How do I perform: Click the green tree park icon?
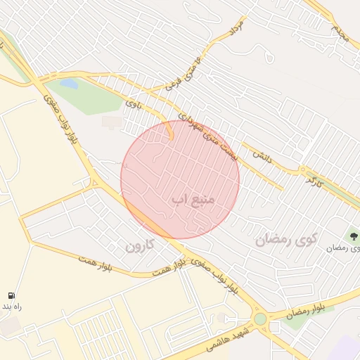[x=353, y=236]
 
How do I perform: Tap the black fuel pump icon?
[x=12, y=296]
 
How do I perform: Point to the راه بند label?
[x=12, y=307]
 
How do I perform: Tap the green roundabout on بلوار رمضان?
[x=261, y=319]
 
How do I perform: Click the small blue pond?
[x=69, y=84]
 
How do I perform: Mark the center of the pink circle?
[x=180, y=179]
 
